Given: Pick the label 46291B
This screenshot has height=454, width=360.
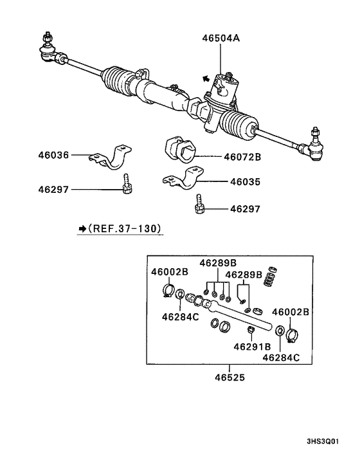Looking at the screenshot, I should (x=251, y=346).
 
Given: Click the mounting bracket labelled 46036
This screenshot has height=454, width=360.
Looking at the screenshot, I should (x=116, y=157).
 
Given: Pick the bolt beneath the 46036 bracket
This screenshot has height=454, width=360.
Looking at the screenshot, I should (x=126, y=185).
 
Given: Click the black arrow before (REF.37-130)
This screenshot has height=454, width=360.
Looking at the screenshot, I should (x=82, y=228).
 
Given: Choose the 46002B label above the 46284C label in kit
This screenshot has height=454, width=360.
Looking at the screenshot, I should (x=170, y=272).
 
